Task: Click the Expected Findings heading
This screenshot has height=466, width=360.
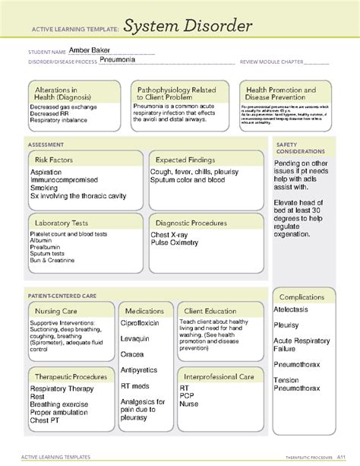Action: click(185, 160)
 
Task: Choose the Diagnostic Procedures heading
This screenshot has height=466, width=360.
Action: click(191, 223)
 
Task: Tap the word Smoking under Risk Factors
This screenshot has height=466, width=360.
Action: click(43, 187)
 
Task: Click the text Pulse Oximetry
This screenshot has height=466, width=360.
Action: click(174, 243)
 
